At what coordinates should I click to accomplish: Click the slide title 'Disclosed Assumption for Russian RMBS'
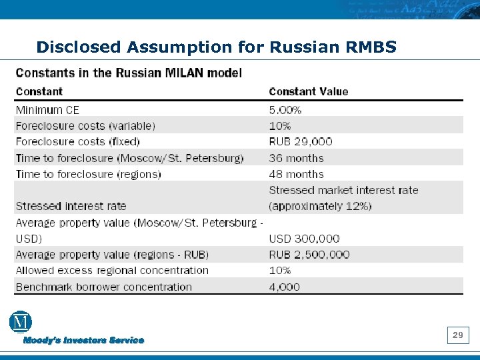(x=217, y=47)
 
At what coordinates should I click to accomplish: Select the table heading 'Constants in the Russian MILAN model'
(x=129, y=73)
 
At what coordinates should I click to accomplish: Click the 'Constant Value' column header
(x=308, y=91)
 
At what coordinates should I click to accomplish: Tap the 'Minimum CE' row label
(x=47, y=109)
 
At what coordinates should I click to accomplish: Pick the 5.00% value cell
(x=285, y=109)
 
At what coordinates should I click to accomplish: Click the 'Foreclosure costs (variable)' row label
(x=85, y=125)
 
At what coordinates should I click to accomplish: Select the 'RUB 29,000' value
(x=300, y=141)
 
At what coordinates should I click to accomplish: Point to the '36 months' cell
(x=296, y=158)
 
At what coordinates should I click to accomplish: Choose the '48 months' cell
(x=296, y=174)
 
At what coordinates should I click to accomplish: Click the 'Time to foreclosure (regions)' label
(x=88, y=174)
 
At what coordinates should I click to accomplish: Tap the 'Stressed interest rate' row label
(x=71, y=206)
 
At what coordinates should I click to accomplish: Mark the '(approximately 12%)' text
(x=320, y=206)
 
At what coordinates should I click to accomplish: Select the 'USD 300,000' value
(x=304, y=238)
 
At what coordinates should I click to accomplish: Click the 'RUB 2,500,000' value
(x=309, y=254)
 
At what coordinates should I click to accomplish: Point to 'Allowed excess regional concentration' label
(x=112, y=270)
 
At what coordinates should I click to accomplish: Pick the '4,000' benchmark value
(x=284, y=287)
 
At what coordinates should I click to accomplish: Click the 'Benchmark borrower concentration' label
(x=103, y=287)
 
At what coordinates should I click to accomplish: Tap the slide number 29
(x=458, y=335)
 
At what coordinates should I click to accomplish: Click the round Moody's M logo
(x=21, y=322)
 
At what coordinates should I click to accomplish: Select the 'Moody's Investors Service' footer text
(x=84, y=340)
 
